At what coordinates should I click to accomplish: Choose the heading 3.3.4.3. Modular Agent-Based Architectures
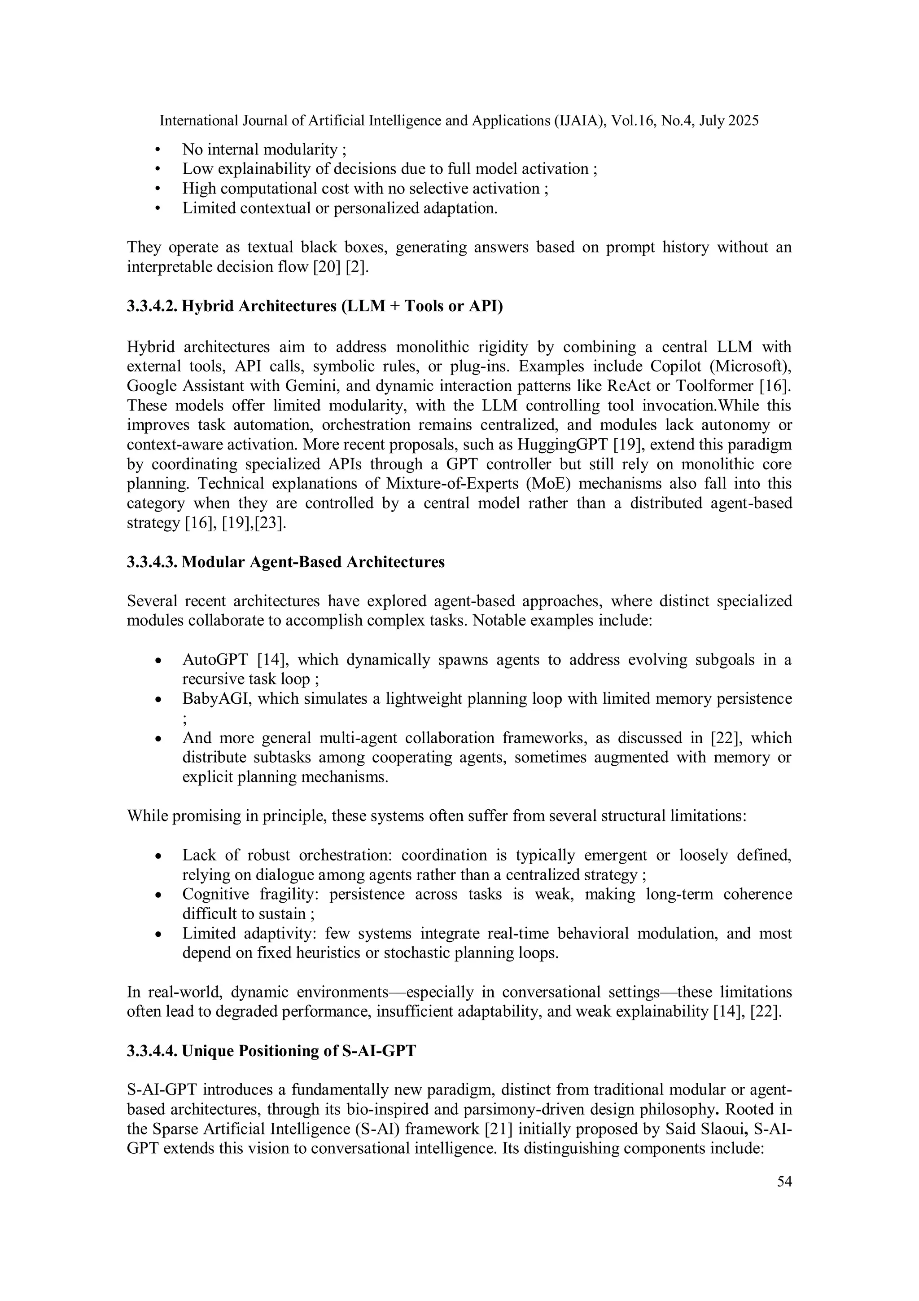click(285, 562)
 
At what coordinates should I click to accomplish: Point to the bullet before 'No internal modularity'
click(158, 150)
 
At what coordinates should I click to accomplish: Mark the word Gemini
click(306, 386)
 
